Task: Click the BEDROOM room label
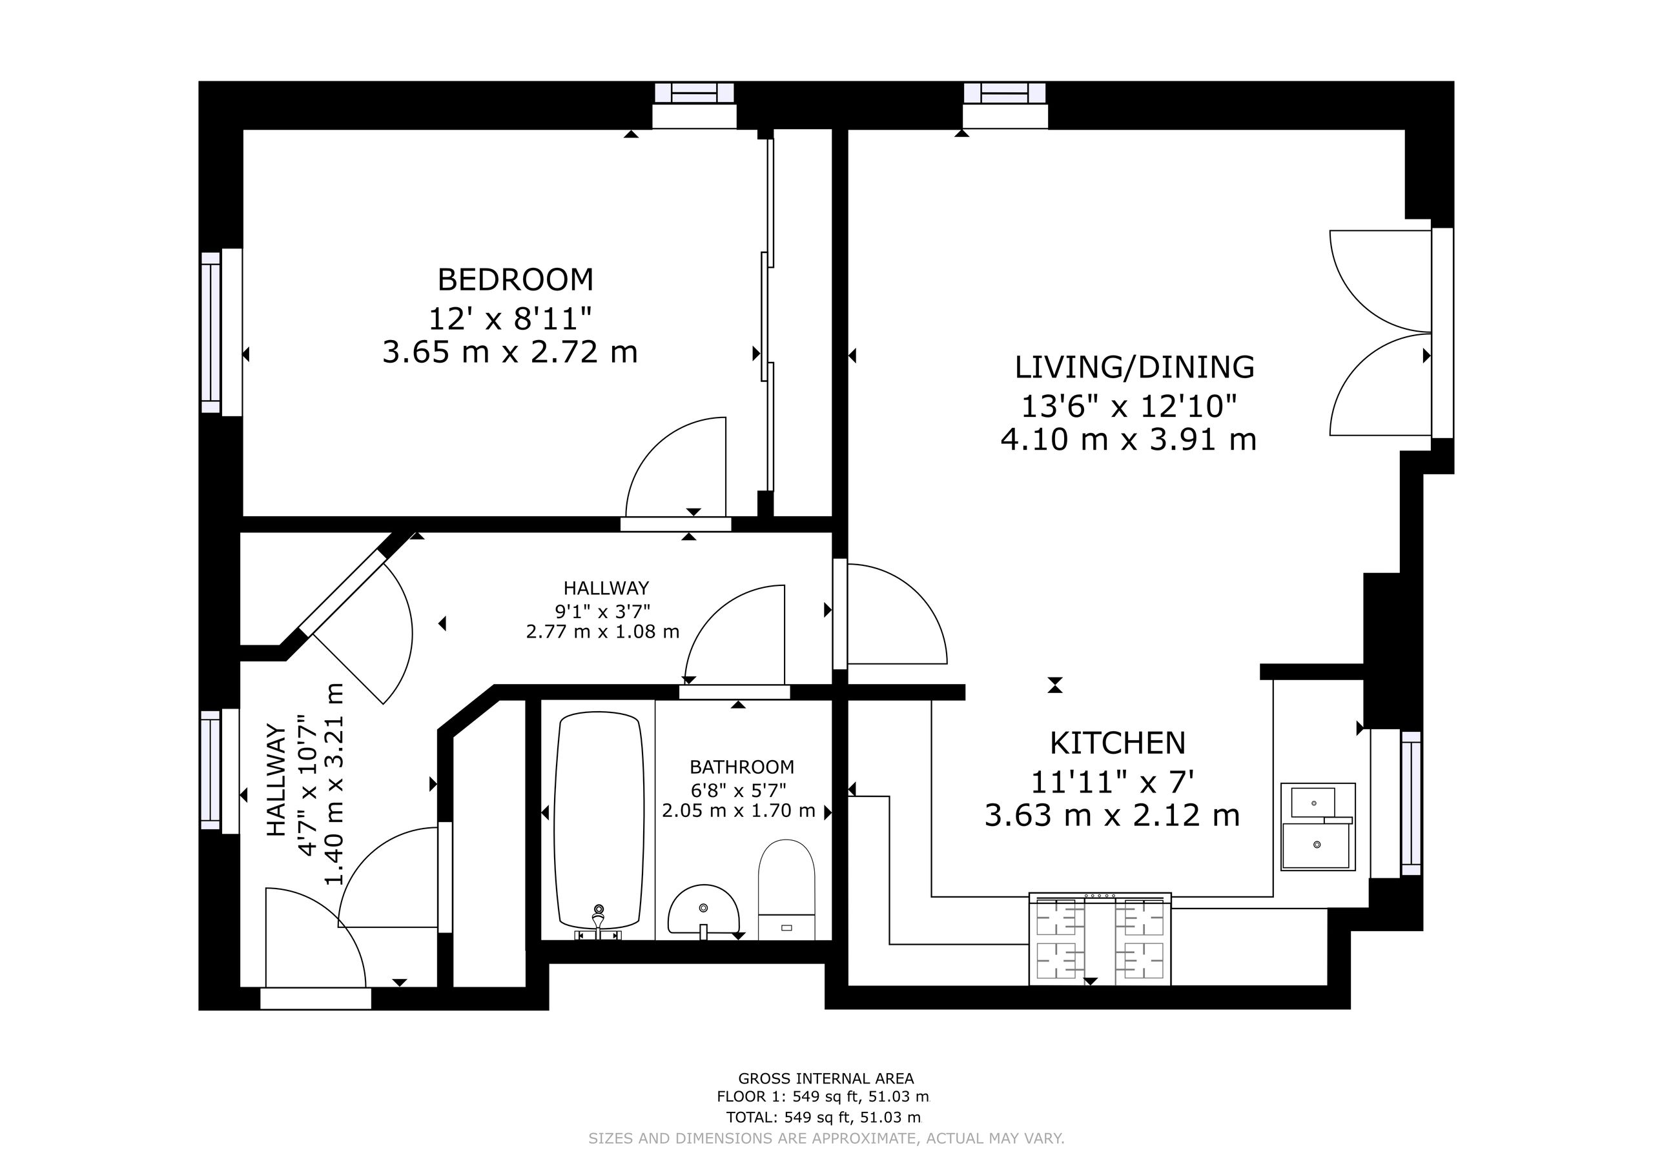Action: coord(515,279)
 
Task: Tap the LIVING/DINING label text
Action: coord(1134,367)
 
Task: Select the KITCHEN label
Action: coord(1117,743)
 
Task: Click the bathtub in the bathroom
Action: coord(599,820)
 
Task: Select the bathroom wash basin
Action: coord(703,910)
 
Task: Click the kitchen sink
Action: coord(1317,827)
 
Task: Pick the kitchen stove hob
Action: coord(1100,938)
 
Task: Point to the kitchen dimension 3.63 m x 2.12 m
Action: coord(1113,816)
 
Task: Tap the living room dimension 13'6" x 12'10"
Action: coord(1129,407)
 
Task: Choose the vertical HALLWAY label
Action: coord(276,780)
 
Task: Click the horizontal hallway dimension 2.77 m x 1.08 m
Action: coord(602,632)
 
